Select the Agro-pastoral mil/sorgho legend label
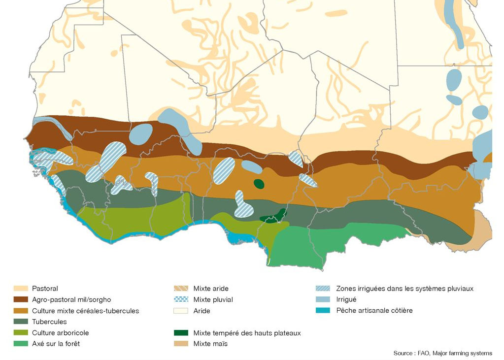click(71, 299)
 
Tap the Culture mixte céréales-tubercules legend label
click(85, 311)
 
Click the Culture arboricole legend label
click(60, 333)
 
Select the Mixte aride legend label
click(211, 289)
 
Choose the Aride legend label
click(202, 311)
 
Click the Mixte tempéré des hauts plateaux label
click(247, 333)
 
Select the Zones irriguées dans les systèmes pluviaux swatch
click(323, 289)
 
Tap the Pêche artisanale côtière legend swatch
click(323, 311)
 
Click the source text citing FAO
click(442, 353)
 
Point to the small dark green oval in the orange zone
click(259, 184)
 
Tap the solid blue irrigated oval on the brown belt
click(141, 133)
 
